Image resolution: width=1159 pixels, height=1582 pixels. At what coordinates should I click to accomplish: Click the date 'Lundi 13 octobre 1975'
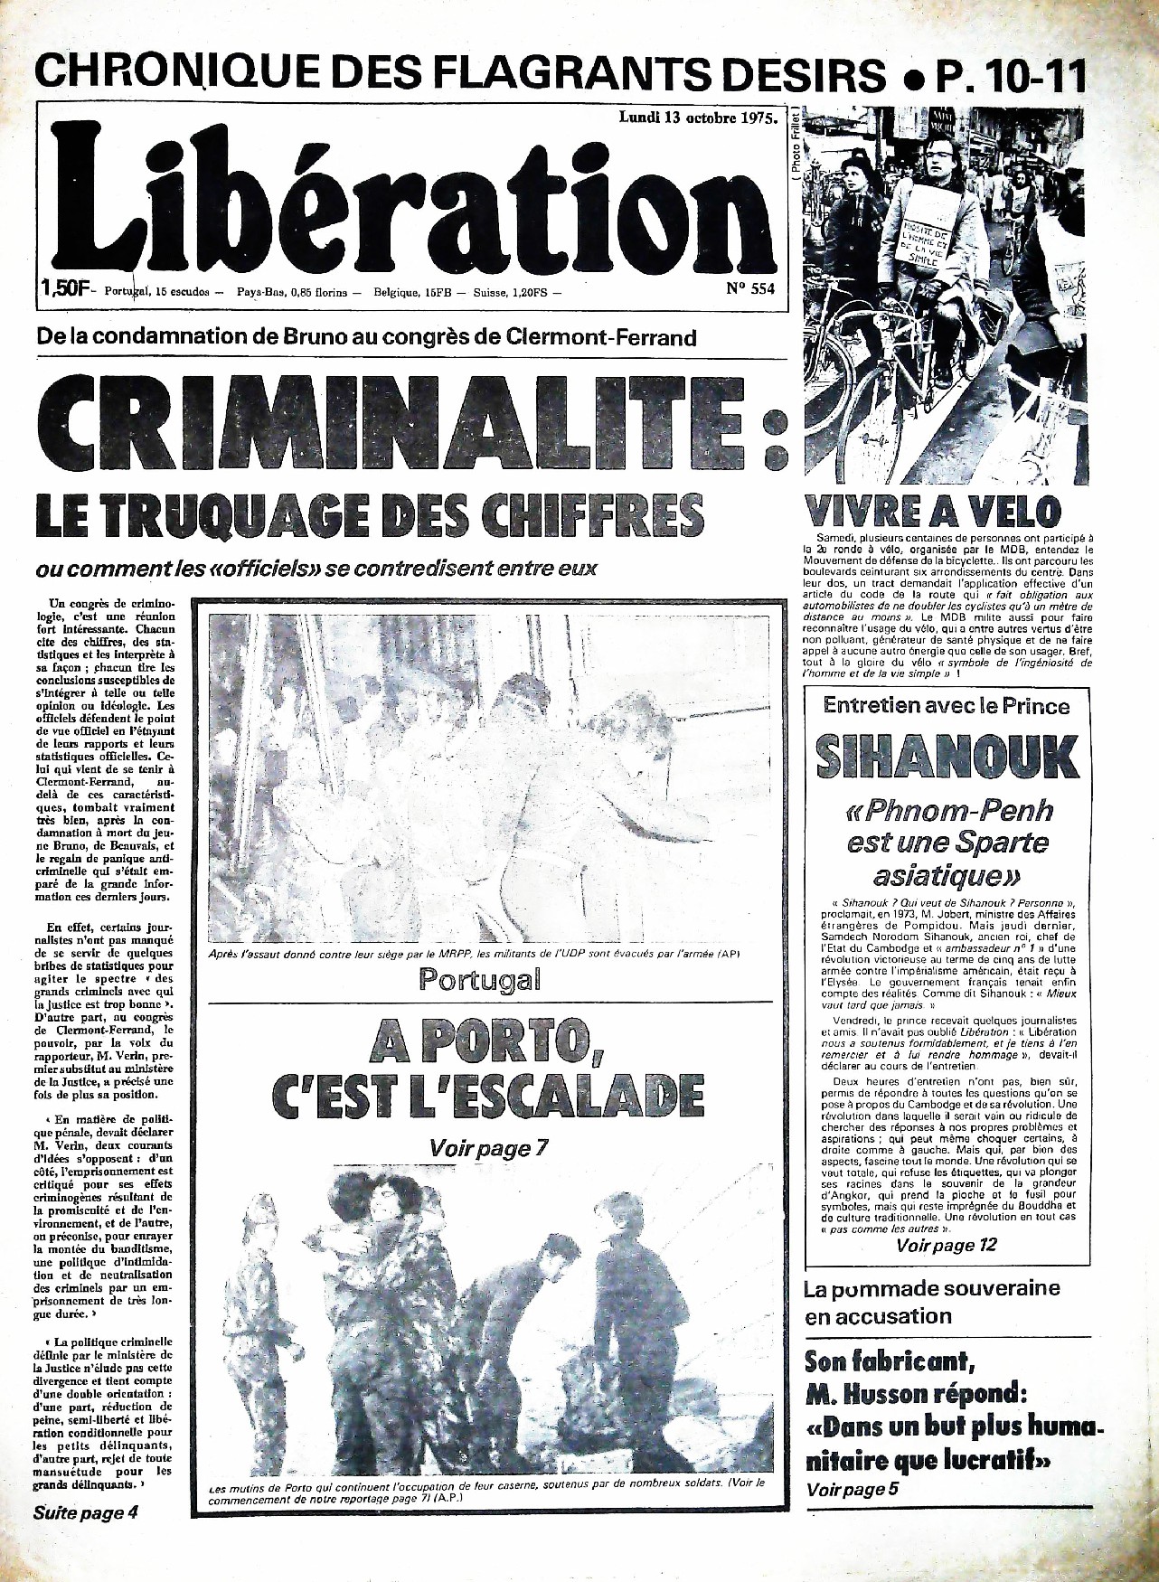(x=697, y=118)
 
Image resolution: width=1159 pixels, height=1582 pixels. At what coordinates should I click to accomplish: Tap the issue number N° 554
(x=750, y=289)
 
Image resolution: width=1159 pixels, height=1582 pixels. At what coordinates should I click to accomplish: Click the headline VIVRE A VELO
(x=932, y=512)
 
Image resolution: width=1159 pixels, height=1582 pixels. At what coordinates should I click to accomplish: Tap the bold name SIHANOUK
(x=947, y=757)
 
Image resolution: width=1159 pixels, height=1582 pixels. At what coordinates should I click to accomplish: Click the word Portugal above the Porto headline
(x=479, y=979)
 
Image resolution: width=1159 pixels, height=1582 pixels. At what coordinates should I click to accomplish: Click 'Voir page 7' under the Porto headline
(x=489, y=1148)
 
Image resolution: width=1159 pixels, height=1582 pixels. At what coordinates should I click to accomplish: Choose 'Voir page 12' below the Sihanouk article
(x=946, y=1246)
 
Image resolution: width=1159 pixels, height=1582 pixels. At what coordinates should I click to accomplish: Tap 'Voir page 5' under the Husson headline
(x=852, y=1490)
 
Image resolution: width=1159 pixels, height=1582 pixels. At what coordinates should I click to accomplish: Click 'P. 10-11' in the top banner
(x=1011, y=74)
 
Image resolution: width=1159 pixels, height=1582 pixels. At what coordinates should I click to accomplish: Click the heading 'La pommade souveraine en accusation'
(x=931, y=1302)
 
